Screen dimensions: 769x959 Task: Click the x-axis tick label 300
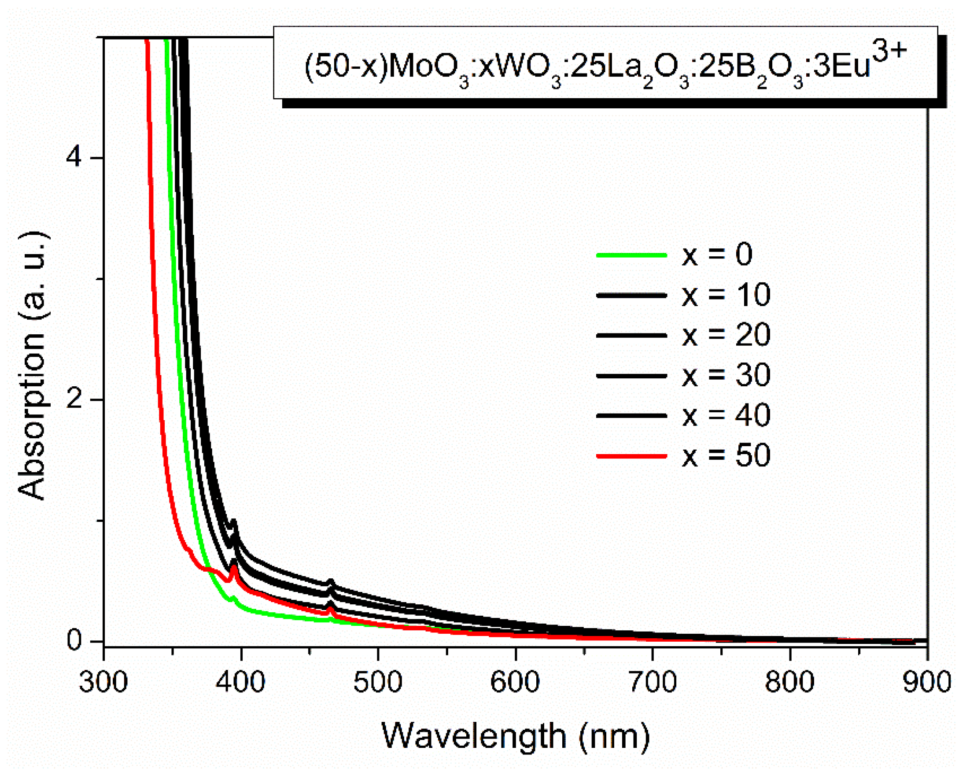click(103, 682)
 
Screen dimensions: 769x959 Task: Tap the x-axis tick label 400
click(241, 682)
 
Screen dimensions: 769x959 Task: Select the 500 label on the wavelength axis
click(378, 682)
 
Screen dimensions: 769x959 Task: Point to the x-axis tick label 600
click(515, 682)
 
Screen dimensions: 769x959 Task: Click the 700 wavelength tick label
click(653, 682)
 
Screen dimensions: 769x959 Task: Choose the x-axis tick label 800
click(790, 682)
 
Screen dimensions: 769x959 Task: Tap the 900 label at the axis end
click(927, 682)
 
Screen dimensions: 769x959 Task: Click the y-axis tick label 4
click(74, 158)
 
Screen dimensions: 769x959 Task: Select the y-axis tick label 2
click(74, 399)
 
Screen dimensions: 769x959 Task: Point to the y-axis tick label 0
click(74, 641)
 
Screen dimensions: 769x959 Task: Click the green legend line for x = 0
click(631, 255)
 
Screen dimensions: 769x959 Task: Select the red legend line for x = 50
click(631, 456)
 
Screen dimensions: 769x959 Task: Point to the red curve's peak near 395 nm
click(233, 567)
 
